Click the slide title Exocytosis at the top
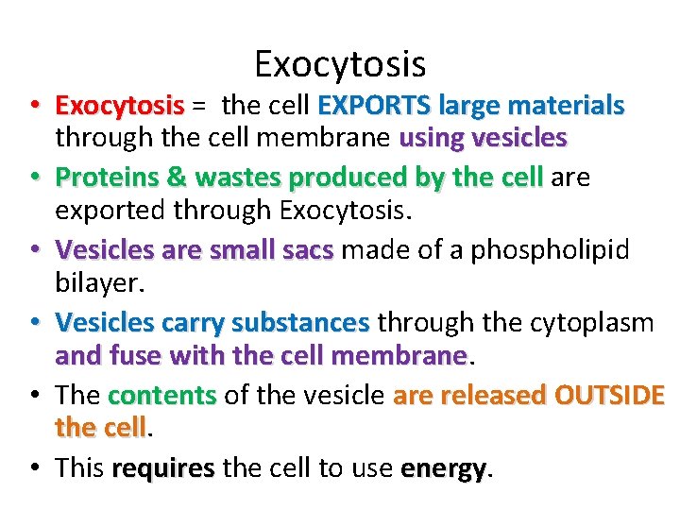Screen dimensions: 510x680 pos(340,63)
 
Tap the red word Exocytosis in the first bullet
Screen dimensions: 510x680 pos(119,104)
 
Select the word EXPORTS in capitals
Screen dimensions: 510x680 pos(373,104)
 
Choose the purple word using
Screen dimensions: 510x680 pos(431,139)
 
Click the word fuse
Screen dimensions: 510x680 pos(123,356)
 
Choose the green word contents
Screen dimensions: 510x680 pos(162,395)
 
